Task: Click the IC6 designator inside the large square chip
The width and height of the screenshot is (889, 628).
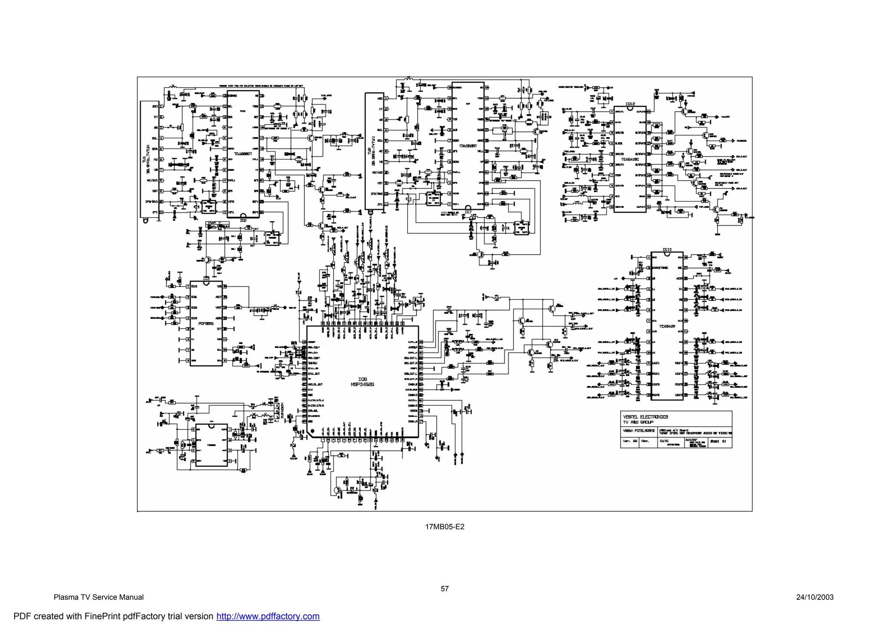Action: click(362, 379)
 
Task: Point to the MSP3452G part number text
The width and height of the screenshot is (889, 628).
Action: click(362, 385)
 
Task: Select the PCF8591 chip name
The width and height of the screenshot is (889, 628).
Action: click(206, 323)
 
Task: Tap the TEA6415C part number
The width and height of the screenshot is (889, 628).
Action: click(630, 159)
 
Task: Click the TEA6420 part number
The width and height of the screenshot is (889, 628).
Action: click(667, 326)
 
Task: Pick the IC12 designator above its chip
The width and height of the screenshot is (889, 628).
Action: click(630, 104)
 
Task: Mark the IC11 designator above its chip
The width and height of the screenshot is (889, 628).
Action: click(667, 250)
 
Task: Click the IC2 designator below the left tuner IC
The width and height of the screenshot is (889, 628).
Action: click(244, 220)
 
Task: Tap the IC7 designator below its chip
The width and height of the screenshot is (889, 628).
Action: click(468, 212)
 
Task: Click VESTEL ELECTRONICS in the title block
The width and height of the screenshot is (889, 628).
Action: click(645, 417)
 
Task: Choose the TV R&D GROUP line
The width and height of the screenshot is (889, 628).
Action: click(638, 422)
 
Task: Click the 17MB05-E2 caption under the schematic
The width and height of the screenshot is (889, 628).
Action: click(444, 527)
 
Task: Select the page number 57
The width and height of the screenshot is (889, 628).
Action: click(444, 589)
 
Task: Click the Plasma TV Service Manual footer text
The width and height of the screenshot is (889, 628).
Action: click(99, 597)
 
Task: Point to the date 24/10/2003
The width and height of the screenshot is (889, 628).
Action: click(815, 597)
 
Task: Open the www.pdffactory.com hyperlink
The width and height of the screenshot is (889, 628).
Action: click(268, 616)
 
